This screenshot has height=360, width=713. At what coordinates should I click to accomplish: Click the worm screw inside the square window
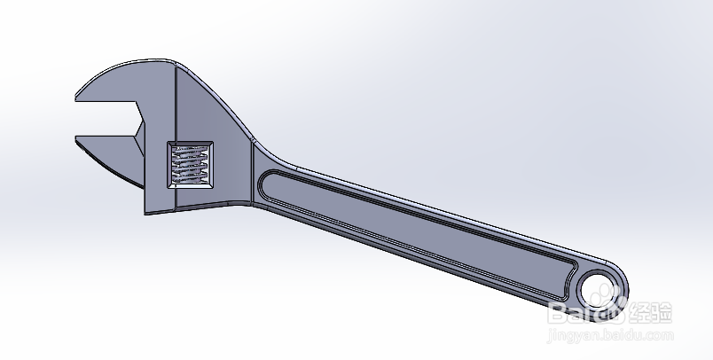pos(191,164)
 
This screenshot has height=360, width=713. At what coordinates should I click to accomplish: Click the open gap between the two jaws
pos(106,119)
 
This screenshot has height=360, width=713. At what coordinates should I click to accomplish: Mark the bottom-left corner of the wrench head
pos(147,213)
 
